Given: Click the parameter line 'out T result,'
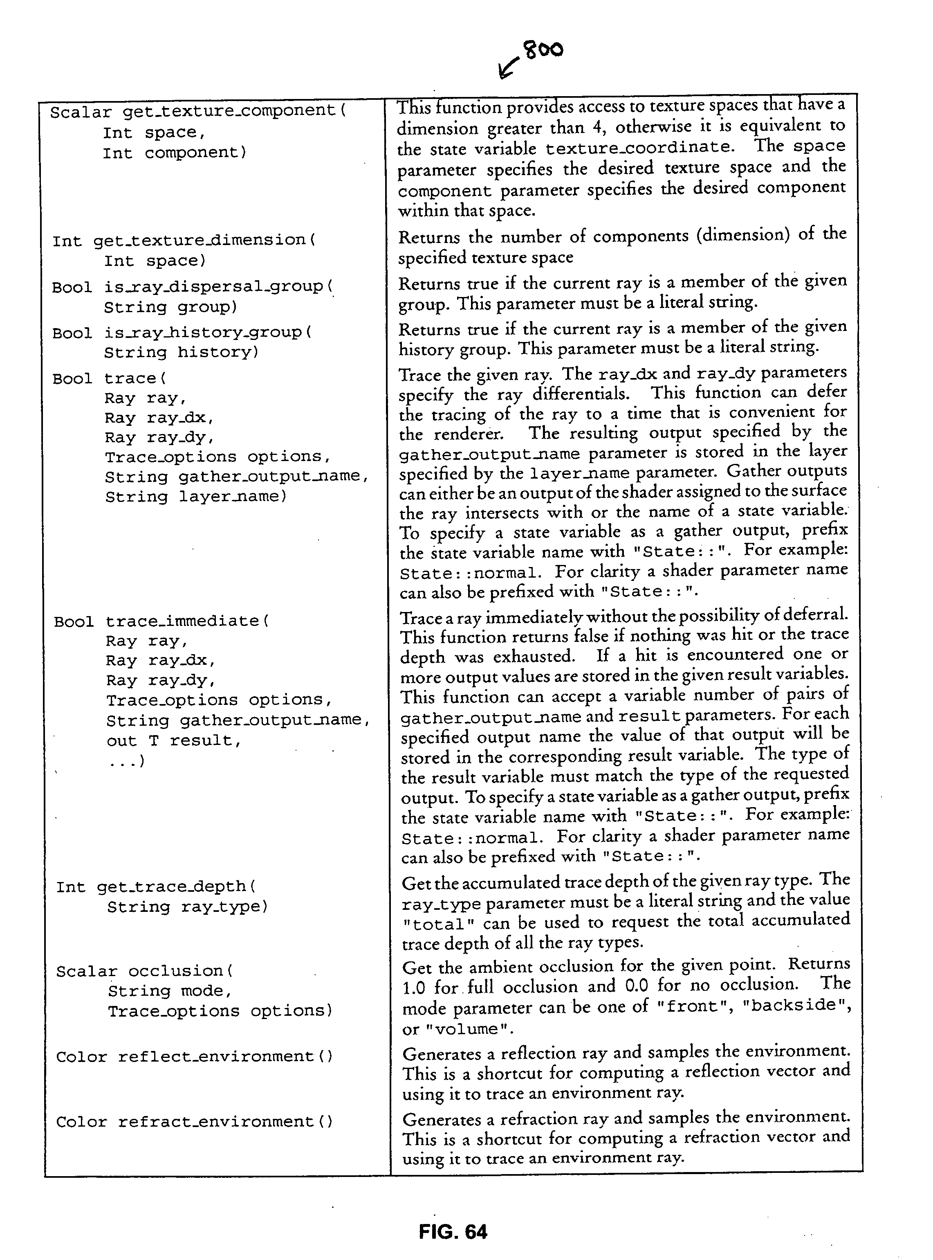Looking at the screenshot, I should point(173,741).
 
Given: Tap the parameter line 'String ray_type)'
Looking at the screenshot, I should point(188,907).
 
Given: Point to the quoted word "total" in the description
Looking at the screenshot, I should point(432,925).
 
